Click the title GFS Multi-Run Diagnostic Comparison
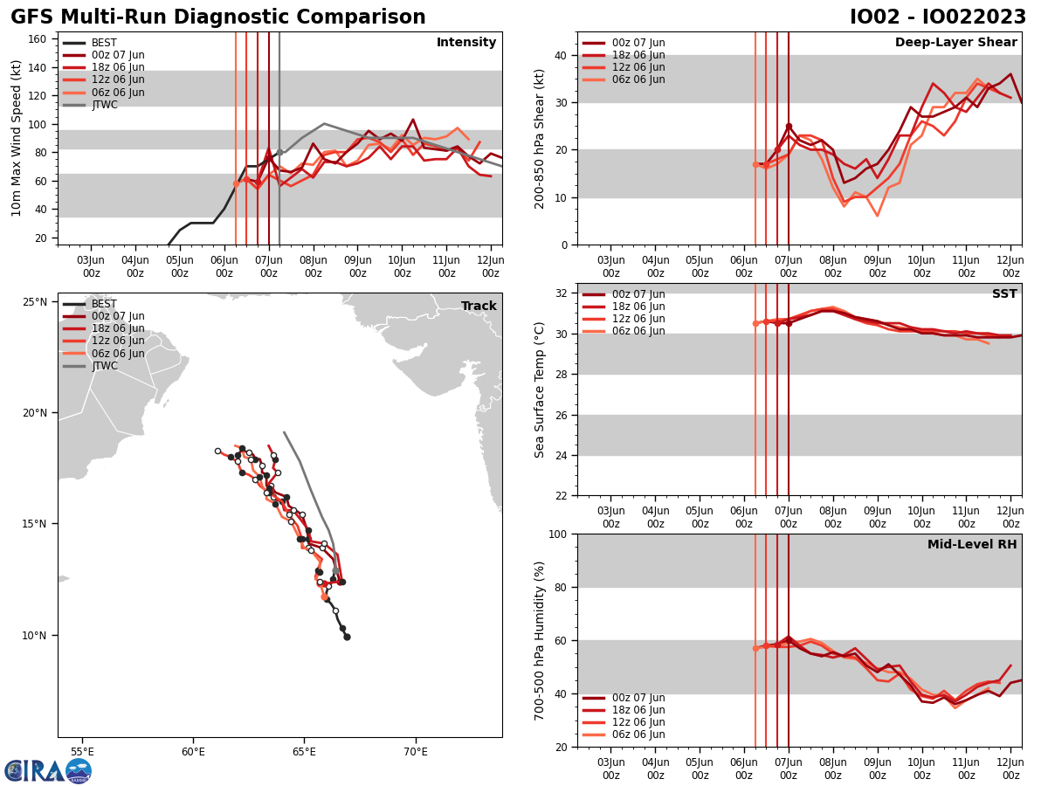(218, 17)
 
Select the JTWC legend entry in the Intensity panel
(104, 105)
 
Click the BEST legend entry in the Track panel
(104, 304)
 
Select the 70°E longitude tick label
(415, 750)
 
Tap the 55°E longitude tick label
(82, 750)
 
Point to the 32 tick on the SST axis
(562, 293)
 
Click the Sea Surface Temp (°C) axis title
(541, 390)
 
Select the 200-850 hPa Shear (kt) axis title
(541, 138)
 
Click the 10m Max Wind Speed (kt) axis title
(17, 138)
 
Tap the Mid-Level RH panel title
(972, 545)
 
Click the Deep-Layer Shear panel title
(955, 43)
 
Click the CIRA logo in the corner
(48, 770)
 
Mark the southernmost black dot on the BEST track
(347, 637)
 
